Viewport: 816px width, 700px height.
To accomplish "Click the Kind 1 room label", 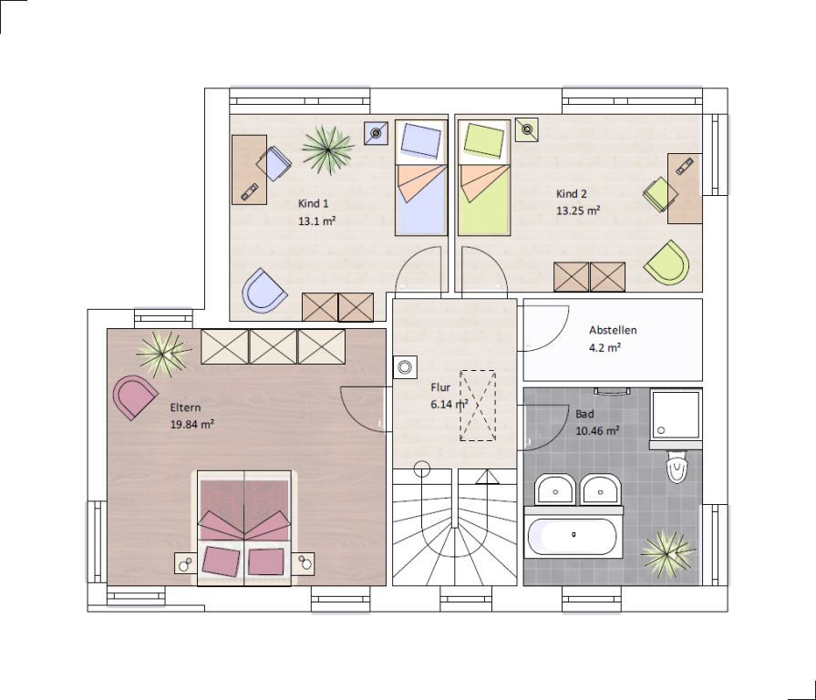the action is (314, 203).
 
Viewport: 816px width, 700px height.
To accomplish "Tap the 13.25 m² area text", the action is (578, 211).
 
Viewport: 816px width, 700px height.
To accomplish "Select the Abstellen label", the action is (613, 330).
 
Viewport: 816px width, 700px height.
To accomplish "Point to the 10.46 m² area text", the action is (597, 431).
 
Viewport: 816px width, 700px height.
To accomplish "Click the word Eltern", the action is (185, 407).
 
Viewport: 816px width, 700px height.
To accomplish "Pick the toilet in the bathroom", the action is (677, 466).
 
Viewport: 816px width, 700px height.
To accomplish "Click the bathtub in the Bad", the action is (573, 535).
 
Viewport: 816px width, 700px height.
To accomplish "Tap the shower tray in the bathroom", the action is (676, 415).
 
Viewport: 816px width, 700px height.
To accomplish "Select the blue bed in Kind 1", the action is (421, 178).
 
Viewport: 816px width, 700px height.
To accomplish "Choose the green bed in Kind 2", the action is (484, 178).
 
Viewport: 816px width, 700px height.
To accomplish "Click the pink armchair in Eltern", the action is (134, 396).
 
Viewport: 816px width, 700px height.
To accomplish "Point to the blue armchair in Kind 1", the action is (264, 291).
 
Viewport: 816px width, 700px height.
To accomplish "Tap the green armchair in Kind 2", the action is (667, 262).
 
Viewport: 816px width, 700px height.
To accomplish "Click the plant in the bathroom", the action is (667, 553).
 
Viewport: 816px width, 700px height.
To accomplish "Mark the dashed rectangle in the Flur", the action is (478, 406).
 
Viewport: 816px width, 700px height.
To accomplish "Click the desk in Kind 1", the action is (249, 170).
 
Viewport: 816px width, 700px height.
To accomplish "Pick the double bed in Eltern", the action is (244, 528).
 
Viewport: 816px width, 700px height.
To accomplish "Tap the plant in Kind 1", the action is (327, 149).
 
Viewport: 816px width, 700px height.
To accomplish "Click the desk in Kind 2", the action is (685, 189).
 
